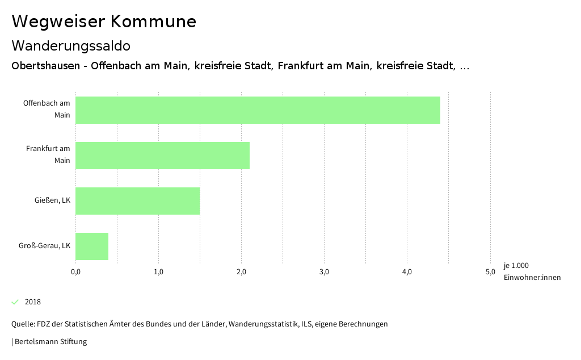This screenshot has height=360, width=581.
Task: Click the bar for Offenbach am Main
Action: [258, 110]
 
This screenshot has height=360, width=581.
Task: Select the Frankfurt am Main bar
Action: [162, 156]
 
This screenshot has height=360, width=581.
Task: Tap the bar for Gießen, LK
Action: [137, 201]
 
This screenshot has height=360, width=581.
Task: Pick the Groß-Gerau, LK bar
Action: [92, 246]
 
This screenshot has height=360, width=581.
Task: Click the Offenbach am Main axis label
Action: [47, 109]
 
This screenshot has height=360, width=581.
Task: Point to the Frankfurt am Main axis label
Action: [48, 154]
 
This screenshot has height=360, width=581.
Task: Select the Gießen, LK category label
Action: [52, 200]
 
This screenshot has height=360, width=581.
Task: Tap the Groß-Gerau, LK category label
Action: [45, 246]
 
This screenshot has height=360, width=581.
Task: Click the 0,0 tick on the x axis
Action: [75, 272]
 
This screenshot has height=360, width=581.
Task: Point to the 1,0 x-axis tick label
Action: [158, 272]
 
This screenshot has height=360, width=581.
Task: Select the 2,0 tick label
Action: [241, 272]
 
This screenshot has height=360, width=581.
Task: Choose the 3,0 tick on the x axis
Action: [324, 272]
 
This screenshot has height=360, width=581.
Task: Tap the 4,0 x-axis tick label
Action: [407, 272]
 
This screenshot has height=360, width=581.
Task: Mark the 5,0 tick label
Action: [490, 272]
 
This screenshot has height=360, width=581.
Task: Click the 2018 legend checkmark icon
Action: [15, 302]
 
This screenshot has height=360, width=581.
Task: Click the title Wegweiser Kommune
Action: [104, 22]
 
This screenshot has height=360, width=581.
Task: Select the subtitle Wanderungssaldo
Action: [71, 45]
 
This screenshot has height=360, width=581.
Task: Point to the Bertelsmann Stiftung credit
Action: [50, 342]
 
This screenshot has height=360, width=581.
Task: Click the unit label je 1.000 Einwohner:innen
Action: [532, 271]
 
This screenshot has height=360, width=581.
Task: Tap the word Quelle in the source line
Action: [22, 324]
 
